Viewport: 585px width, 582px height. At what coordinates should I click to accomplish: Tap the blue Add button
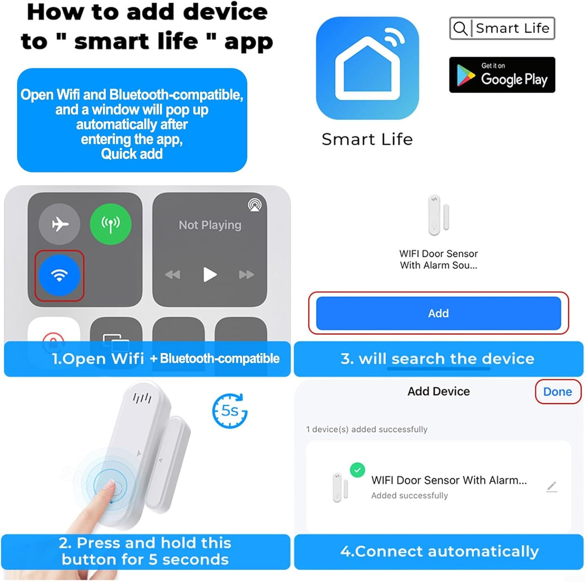coord(438,313)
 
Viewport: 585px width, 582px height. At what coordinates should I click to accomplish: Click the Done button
coord(558,392)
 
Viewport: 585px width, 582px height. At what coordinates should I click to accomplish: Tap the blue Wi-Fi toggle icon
coord(60,275)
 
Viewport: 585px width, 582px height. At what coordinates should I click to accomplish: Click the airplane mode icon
coord(60,224)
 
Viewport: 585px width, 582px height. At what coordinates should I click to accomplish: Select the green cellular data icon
coord(111,224)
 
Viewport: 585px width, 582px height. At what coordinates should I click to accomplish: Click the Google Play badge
coord(502,75)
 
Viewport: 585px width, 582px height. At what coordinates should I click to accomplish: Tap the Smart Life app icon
coord(367,68)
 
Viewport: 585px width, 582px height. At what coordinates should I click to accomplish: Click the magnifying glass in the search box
coord(460,28)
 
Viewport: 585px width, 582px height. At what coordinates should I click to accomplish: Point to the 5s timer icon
coord(230,411)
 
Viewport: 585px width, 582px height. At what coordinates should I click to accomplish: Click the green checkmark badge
coord(357,470)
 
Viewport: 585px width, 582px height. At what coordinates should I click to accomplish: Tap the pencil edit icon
coord(551,487)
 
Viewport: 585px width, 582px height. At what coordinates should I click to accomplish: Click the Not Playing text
coord(210,225)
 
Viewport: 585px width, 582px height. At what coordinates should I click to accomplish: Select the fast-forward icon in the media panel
coord(246,275)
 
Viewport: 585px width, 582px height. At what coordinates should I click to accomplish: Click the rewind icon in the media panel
coord(172,275)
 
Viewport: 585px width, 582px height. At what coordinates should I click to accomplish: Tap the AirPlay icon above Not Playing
coord(255,205)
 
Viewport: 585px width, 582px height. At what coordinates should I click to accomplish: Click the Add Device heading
coord(439,391)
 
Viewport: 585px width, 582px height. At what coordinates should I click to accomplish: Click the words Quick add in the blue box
coord(132,154)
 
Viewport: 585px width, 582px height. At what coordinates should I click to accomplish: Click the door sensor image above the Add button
coord(439,215)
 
